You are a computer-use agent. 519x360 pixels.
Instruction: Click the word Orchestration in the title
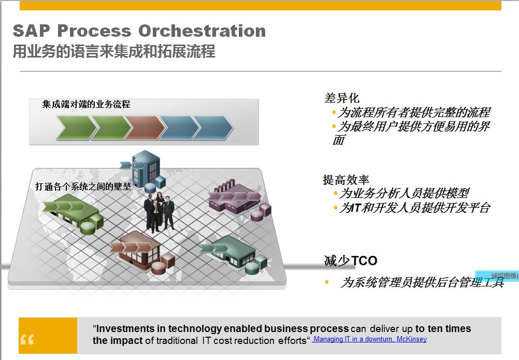(x=202, y=31)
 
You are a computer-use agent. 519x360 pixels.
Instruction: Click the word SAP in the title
(x=32, y=31)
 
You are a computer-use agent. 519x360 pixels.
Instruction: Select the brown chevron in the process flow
(x=145, y=128)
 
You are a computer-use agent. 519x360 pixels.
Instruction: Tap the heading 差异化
(x=342, y=98)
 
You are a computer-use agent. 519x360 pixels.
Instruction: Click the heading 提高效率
(x=346, y=180)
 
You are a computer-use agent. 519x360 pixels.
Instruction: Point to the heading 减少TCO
(x=351, y=261)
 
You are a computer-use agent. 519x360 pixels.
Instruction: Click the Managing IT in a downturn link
(x=370, y=339)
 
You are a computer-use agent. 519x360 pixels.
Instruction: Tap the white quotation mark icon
(x=27, y=339)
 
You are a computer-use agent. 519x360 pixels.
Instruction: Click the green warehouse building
(x=74, y=213)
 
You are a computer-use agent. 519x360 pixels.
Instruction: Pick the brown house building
(x=143, y=251)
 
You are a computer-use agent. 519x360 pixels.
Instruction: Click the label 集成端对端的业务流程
(x=86, y=105)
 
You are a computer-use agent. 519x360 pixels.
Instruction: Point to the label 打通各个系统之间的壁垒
(x=83, y=187)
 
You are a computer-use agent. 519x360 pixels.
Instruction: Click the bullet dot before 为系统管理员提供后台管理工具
(x=327, y=282)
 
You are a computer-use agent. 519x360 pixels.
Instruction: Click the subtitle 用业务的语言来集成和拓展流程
(x=114, y=51)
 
